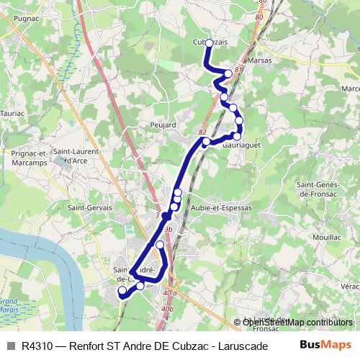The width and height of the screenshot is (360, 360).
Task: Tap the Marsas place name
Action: click(x=258, y=60)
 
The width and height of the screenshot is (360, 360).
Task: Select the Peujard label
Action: click(x=163, y=125)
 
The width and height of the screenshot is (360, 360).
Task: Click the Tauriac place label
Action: click(x=13, y=113)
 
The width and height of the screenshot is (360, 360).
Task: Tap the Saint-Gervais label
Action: click(x=84, y=207)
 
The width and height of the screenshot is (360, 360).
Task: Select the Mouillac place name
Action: click(x=328, y=235)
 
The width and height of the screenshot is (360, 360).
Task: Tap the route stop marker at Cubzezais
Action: click(x=209, y=43)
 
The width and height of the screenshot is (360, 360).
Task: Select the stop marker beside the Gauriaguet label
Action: click(x=236, y=136)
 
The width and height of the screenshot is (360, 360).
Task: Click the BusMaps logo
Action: click(x=325, y=345)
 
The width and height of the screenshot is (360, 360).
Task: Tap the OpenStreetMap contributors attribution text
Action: click(x=297, y=323)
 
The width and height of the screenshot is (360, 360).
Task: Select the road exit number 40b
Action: click(x=168, y=309)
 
